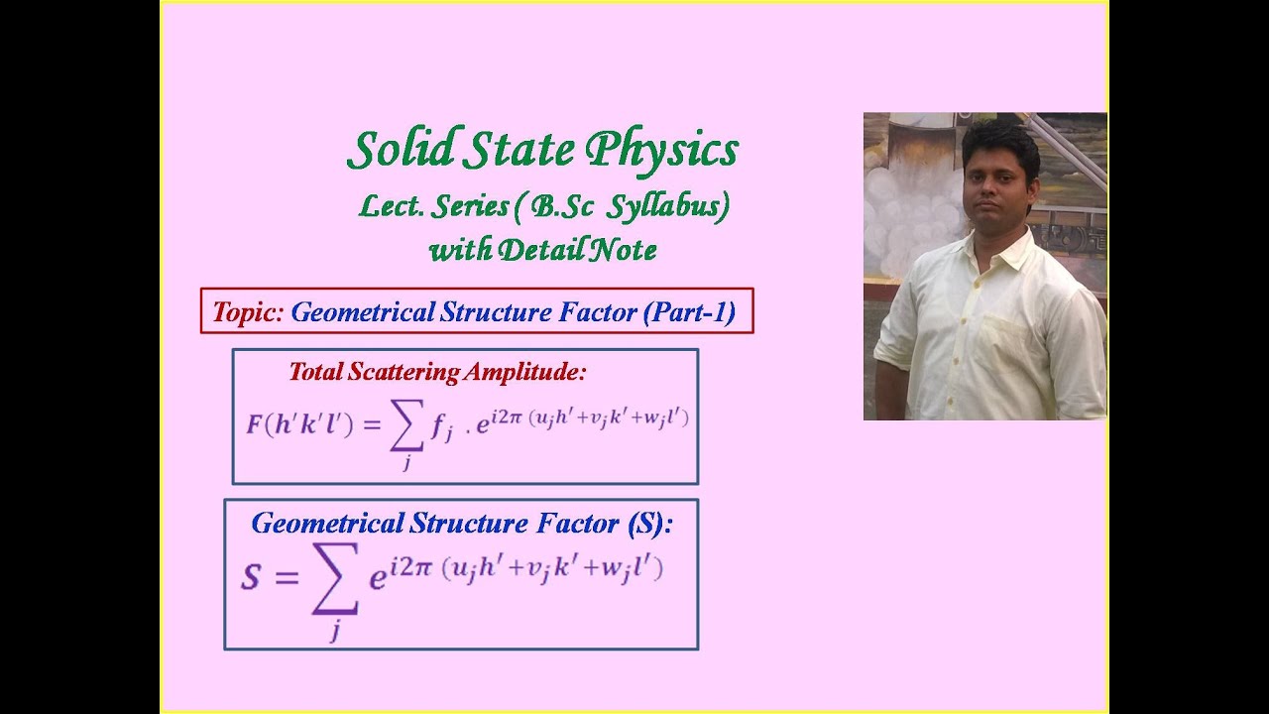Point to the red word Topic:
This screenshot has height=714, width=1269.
click(248, 312)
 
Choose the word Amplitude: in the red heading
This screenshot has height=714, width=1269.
click(526, 372)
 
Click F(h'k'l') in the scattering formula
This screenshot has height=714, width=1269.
click(299, 424)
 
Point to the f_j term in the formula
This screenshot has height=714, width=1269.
click(442, 426)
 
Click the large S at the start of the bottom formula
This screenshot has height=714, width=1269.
click(251, 577)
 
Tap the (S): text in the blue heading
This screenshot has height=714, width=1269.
click(650, 523)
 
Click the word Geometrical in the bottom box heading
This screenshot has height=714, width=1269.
click(327, 523)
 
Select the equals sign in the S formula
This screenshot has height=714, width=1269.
click(286, 577)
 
